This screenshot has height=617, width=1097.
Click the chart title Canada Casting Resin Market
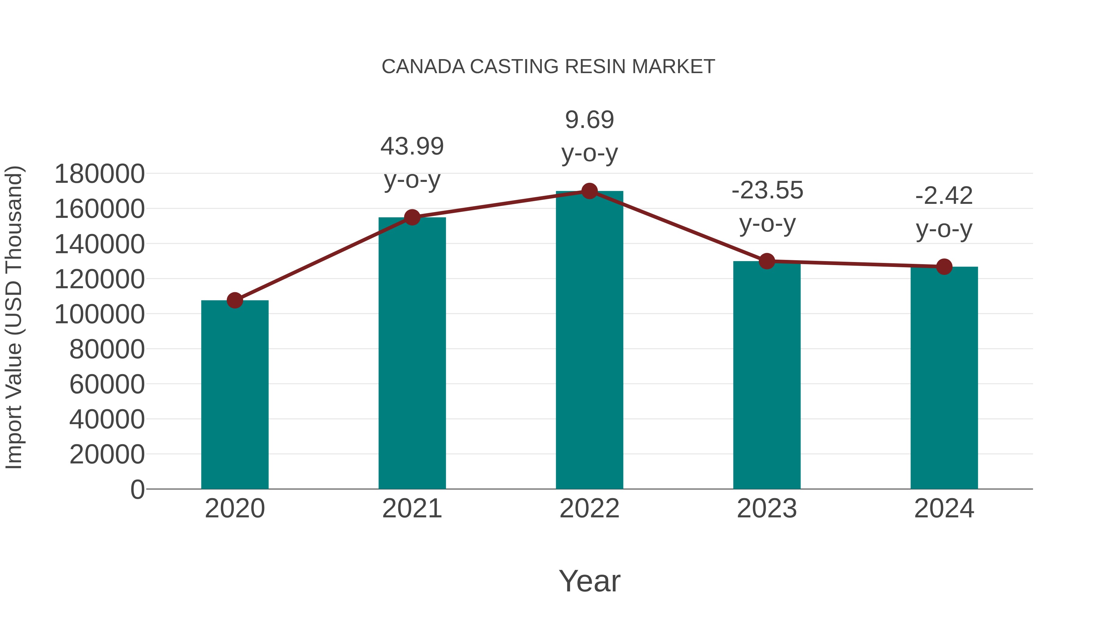tap(548, 67)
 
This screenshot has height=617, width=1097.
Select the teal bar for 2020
tap(235, 396)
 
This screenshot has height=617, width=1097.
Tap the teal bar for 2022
tap(589, 341)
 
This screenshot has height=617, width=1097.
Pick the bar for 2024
tap(944, 379)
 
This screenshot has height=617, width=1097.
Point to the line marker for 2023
tap(767, 261)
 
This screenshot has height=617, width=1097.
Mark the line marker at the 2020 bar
tap(235, 300)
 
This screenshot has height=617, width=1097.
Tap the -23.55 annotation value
tap(767, 190)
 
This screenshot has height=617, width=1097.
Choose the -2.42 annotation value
tap(944, 196)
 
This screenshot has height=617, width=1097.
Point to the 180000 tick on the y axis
tap(100, 174)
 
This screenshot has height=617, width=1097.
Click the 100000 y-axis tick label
tap(100, 315)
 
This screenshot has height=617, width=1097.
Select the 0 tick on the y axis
tap(137, 489)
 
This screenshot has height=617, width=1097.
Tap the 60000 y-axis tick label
tap(107, 385)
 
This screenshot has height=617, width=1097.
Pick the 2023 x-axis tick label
tap(767, 509)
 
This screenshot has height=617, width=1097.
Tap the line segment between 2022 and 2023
tap(678, 226)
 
